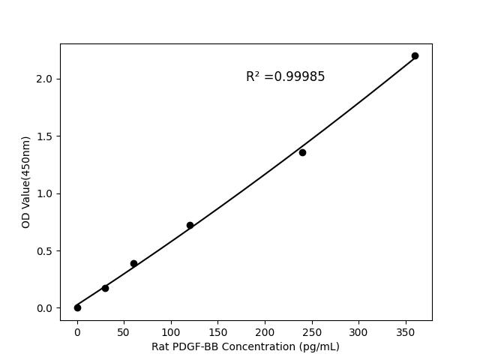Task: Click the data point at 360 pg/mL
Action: click(x=415, y=56)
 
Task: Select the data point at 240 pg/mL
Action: click(x=302, y=152)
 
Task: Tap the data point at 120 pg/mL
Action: click(x=190, y=225)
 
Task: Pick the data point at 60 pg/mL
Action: click(x=133, y=263)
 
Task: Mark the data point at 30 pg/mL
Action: click(x=105, y=288)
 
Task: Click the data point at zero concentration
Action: click(x=77, y=307)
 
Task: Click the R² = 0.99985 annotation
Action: click(x=285, y=76)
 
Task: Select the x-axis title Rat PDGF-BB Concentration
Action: click(x=245, y=346)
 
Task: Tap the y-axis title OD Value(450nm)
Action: click(x=26, y=182)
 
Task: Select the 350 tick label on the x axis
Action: click(x=406, y=331)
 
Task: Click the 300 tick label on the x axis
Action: click(x=358, y=331)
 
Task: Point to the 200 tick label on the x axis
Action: click(x=265, y=331)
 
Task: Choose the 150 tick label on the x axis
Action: click(x=217, y=331)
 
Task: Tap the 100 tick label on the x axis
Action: click(x=171, y=331)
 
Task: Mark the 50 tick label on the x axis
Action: click(x=124, y=331)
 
